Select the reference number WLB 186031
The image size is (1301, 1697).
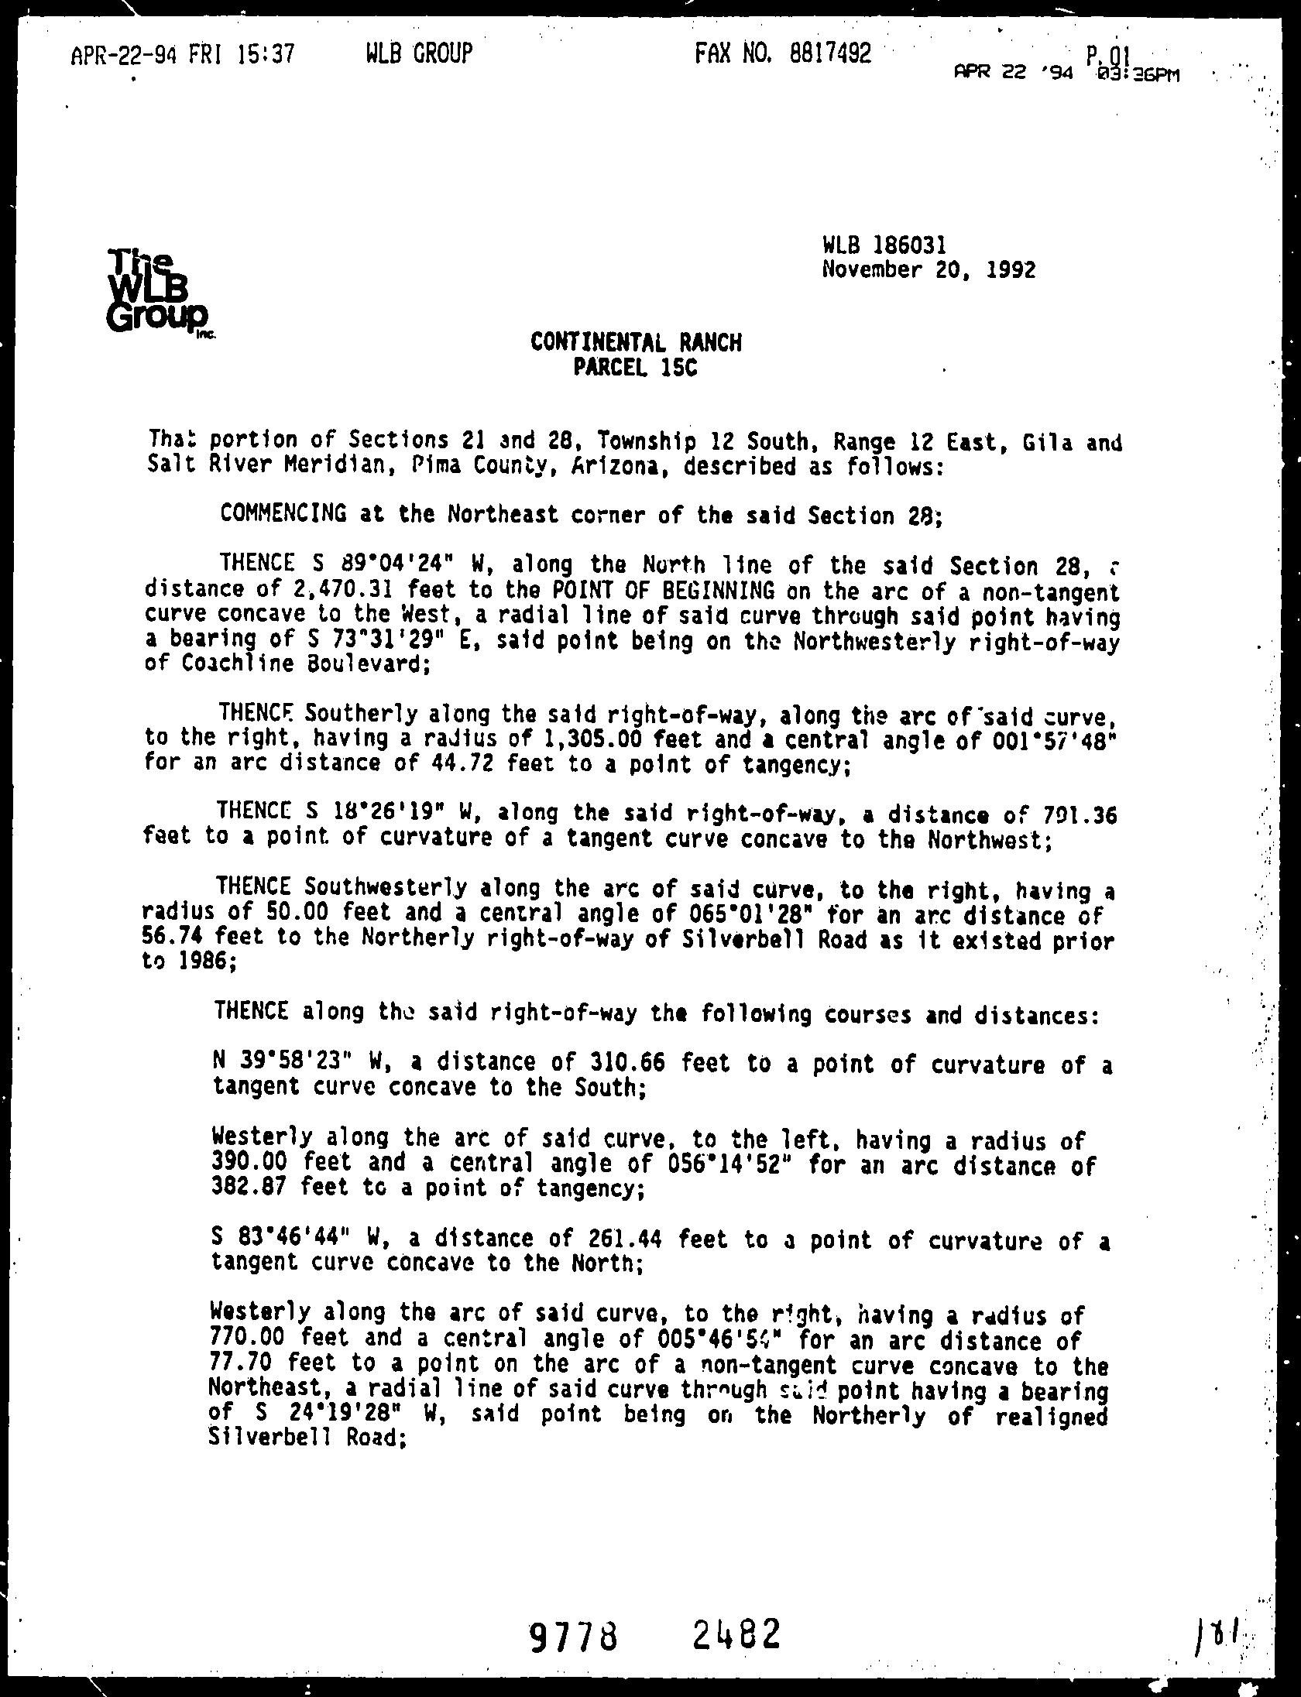[884, 246]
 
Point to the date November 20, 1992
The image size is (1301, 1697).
[929, 270]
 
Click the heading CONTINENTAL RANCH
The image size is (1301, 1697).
[636, 342]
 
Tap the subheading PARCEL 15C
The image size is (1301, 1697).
[636, 367]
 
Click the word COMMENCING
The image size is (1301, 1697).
[283, 513]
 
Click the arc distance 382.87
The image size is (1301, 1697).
[247, 1188]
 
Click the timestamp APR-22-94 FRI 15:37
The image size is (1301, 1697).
[183, 55]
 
